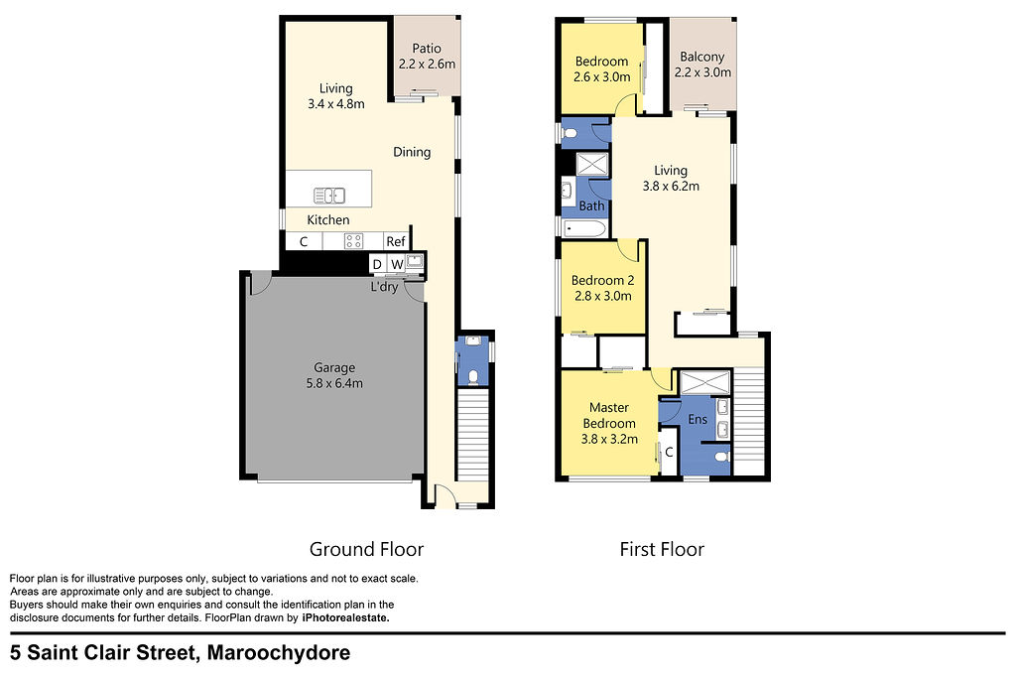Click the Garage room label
tap(334, 367)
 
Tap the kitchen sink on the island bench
tap(329, 196)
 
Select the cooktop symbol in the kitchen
tap(354, 241)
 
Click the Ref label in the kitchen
tap(395, 242)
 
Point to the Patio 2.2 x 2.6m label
tap(427, 56)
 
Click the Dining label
tap(412, 152)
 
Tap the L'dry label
tap(384, 287)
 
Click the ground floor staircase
tap(473, 434)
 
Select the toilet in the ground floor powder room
tap(473, 376)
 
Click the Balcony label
tap(701, 57)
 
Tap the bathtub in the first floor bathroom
tap(584, 228)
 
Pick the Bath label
tap(591, 206)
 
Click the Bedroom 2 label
tap(602, 281)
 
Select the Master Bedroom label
tap(609, 416)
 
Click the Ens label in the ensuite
tap(698, 419)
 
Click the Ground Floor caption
tap(366, 550)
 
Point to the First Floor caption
tap(662, 550)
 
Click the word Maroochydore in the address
tap(279, 653)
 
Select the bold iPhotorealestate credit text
tap(346, 618)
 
